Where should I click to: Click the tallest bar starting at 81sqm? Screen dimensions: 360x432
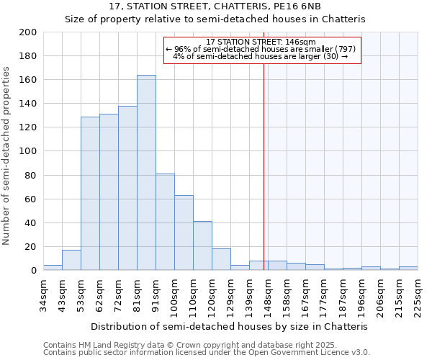pyautogui.click(x=146, y=173)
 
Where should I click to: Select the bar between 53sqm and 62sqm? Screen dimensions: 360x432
pyautogui.click(x=90, y=194)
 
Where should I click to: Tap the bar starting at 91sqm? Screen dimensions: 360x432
pyautogui.click(x=165, y=222)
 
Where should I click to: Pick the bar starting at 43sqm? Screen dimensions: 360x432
pyautogui.click(x=71, y=260)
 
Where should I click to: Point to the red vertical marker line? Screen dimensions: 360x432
pyautogui.click(x=264, y=158)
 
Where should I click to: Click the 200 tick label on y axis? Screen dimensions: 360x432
pyautogui.click(x=28, y=32)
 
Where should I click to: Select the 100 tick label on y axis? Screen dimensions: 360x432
pyautogui.click(x=28, y=151)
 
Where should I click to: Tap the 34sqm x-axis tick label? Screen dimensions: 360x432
pyautogui.click(x=43, y=295)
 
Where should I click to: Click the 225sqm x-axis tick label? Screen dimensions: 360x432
pyautogui.click(x=418, y=295)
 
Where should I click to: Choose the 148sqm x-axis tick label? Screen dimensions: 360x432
pyautogui.click(x=268, y=295)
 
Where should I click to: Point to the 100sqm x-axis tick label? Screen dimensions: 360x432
pyautogui.click(x=174, y=295)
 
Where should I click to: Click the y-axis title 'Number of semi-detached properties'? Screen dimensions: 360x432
pyautogui.click(x=6, y=156)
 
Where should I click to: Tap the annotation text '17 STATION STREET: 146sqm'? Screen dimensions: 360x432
pyautogui.click(x=261, y=42)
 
